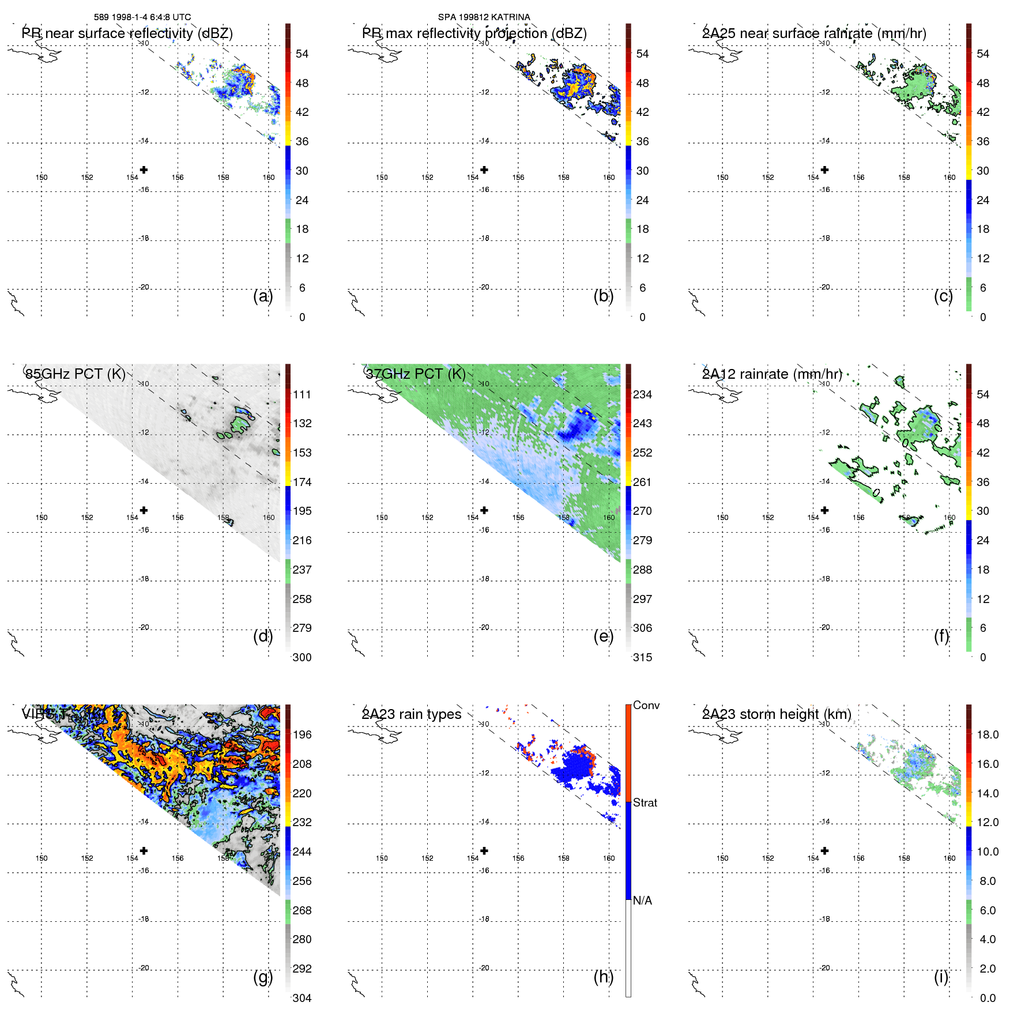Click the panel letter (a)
tap(262, 296)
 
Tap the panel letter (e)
tap(603, 636)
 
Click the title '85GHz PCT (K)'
tap(76, 374)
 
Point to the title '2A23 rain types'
tap(412, 715)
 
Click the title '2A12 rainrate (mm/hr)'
tap(772, 374)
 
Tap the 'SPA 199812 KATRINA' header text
tap(484, 17)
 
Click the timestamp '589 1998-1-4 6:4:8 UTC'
tap(142, 17)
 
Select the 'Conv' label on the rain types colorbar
tap(646, 706)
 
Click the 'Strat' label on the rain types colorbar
tap(645, 803)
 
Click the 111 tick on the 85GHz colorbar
tap(302, 395)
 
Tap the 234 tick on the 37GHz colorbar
tap(642, 395)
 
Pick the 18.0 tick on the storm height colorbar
tap(988, 735)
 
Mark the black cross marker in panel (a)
tap(144, 170)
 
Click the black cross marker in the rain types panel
tap(484, 851)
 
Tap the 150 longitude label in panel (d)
tap(42, 518)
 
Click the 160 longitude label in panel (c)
tap(950, 178)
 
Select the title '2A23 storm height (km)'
tap(777, 715)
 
